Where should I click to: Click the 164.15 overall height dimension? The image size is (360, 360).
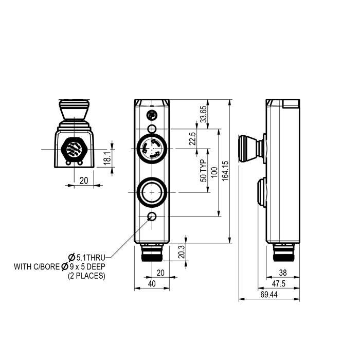225,170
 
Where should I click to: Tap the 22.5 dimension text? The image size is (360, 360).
192,139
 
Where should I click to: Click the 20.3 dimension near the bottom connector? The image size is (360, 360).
181,252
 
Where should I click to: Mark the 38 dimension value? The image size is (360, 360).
282,274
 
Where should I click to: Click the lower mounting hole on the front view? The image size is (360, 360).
152,217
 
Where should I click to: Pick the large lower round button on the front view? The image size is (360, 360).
152,192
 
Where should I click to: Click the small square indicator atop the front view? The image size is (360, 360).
152,114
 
